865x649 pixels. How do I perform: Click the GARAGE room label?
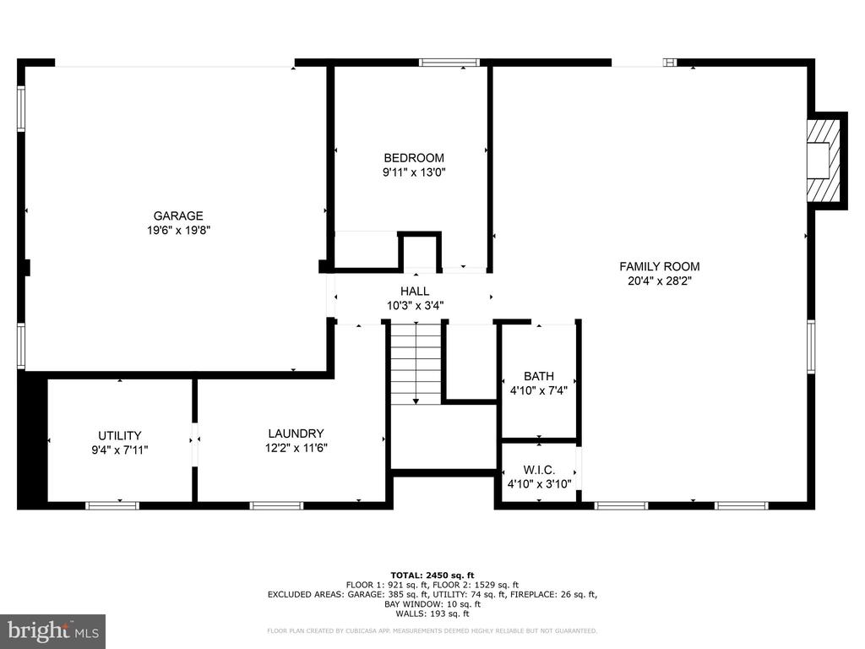178,215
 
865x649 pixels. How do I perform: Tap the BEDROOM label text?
414,158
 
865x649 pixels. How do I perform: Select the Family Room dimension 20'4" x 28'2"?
660,281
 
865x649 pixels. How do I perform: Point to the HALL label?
415,292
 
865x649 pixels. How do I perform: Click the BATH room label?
539,376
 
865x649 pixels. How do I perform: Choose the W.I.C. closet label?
539,470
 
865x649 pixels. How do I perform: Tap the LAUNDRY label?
296,434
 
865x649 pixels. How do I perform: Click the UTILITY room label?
120,435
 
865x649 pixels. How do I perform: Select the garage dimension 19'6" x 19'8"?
179,230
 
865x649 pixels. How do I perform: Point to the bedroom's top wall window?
449,63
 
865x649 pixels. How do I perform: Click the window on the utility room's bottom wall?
112,505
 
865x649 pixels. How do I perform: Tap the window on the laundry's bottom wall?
276,505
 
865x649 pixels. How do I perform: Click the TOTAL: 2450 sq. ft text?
432,575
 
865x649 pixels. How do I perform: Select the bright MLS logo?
53,631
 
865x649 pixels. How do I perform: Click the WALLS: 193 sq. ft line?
432,614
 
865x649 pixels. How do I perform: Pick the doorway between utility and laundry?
194,439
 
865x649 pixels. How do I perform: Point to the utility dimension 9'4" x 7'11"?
120,450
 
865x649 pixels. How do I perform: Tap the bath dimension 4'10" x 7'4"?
538,390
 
